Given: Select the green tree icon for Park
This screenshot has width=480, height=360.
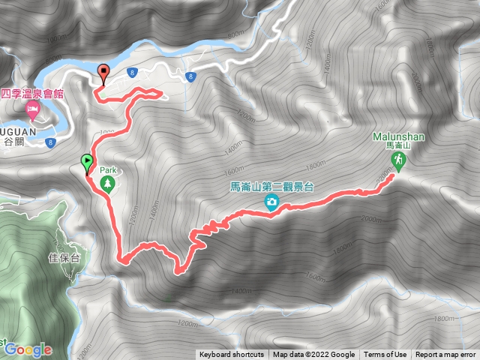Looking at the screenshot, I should [x=107, y=184].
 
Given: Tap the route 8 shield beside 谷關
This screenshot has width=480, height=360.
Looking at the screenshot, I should [x=52, y=142].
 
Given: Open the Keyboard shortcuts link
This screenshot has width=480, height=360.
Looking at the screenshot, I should [x=232, y=355].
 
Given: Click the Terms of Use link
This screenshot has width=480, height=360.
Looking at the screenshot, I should [x=385, y=355].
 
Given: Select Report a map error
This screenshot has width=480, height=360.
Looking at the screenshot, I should [x=446, y=355].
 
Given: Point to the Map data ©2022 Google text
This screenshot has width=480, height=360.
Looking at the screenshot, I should [x=313, y=355].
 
